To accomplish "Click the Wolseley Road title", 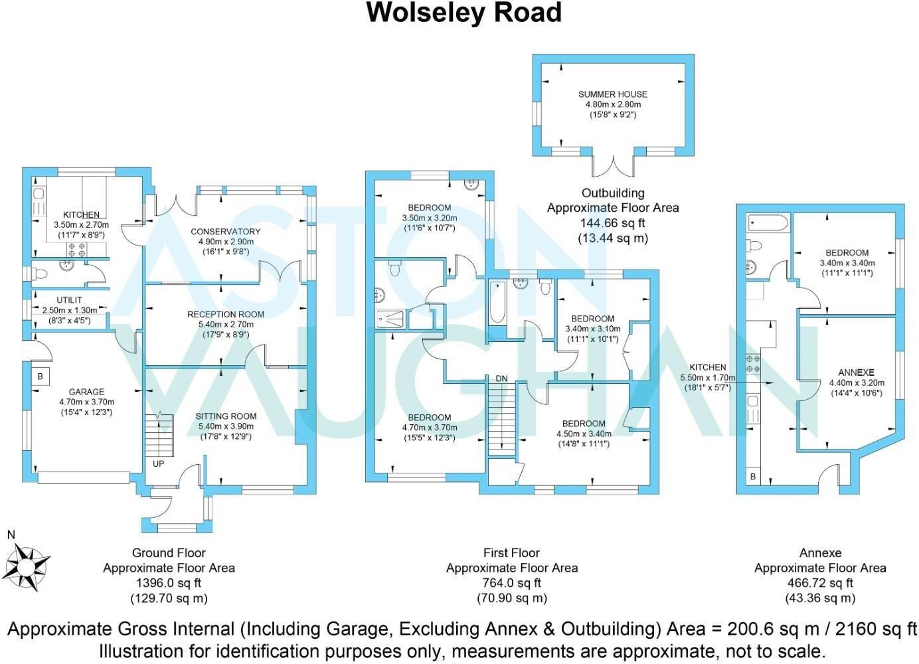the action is pos(464,13).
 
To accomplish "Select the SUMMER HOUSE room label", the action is pos(612,94).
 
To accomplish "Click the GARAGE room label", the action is pos(86,392).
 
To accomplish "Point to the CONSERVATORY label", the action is pos(225,231).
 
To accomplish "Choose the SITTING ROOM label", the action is pos(226,416).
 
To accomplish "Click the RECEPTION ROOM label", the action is pos(225,314).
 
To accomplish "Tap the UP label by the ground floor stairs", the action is pos(159,463).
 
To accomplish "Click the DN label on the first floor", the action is pos(501,378).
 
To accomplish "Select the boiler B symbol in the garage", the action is pos(40,376).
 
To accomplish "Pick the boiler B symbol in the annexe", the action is pos(753,477).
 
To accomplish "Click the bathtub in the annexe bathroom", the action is pos(767,222).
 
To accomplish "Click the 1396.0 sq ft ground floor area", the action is pos(169,583).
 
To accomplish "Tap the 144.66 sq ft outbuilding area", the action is pos(613,223).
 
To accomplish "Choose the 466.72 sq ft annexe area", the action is pos(820,583).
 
